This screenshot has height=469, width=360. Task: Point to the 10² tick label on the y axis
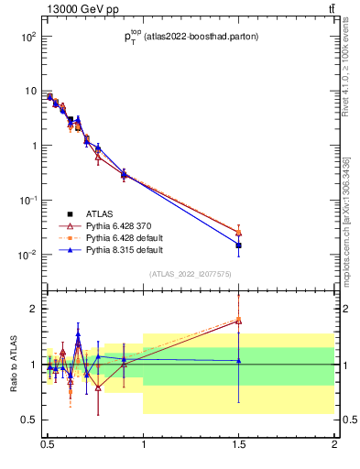(27, 37)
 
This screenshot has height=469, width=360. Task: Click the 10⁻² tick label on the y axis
(27, 255)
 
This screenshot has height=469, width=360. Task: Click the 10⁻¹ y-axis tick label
(27, 200)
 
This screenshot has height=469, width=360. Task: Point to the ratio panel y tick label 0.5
(27, 420)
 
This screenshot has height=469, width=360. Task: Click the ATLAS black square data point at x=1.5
(239, 245)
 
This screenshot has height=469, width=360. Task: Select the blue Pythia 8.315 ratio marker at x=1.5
(239, 360)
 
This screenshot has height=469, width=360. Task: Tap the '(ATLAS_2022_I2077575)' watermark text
(191, 274)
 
